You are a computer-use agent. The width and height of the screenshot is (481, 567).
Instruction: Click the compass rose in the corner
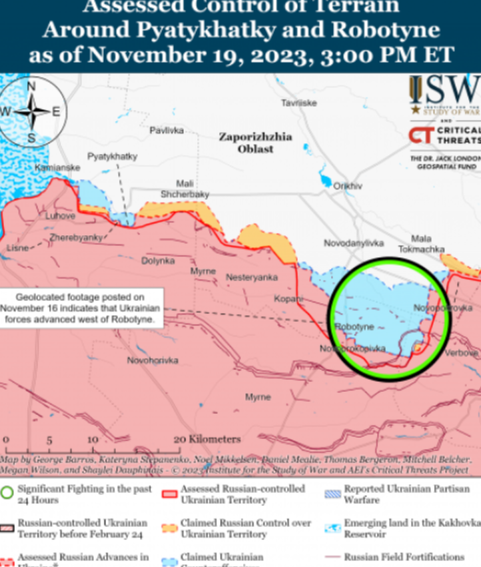pyautogui.click(x=31, y=111)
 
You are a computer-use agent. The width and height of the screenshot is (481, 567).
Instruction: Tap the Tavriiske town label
pyautogui.click(x=298, y=103)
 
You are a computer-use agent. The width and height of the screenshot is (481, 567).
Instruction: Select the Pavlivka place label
pyautogui.click(x=166, y=131)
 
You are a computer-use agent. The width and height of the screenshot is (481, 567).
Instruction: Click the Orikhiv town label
pyautogui.click(x=348, y=186)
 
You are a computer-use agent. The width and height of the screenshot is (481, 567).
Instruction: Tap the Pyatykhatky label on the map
pyautogui.click(x=112, y=156)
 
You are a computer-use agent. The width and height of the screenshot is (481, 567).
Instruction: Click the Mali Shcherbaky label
pyautogui.click(x=185, y=189)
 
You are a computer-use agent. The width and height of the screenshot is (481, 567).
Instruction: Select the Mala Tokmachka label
pyautogui.click(x=421, y=244)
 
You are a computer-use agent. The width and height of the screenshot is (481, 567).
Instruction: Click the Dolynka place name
pyautogui.click(x=158, y=261)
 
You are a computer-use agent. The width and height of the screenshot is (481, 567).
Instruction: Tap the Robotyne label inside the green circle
pyautogui.click(x=354, y=327)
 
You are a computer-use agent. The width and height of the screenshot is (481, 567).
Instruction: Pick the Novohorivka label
pyautogui.click(x=153, y=360)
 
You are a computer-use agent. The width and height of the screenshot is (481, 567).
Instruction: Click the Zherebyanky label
pyautogui.click(x=76, y=237)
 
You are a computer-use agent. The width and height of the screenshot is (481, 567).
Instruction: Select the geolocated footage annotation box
pyautogui.click(x=81, y=308)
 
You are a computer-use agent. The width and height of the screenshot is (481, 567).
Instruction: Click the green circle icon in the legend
pyautogui.click(x=7, y=494)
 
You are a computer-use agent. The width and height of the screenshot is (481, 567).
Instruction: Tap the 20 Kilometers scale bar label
pyautogui.click(x=207, y=439)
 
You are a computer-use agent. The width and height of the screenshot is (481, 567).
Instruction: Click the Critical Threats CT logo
pyautogui.click(x=420, y=136)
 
